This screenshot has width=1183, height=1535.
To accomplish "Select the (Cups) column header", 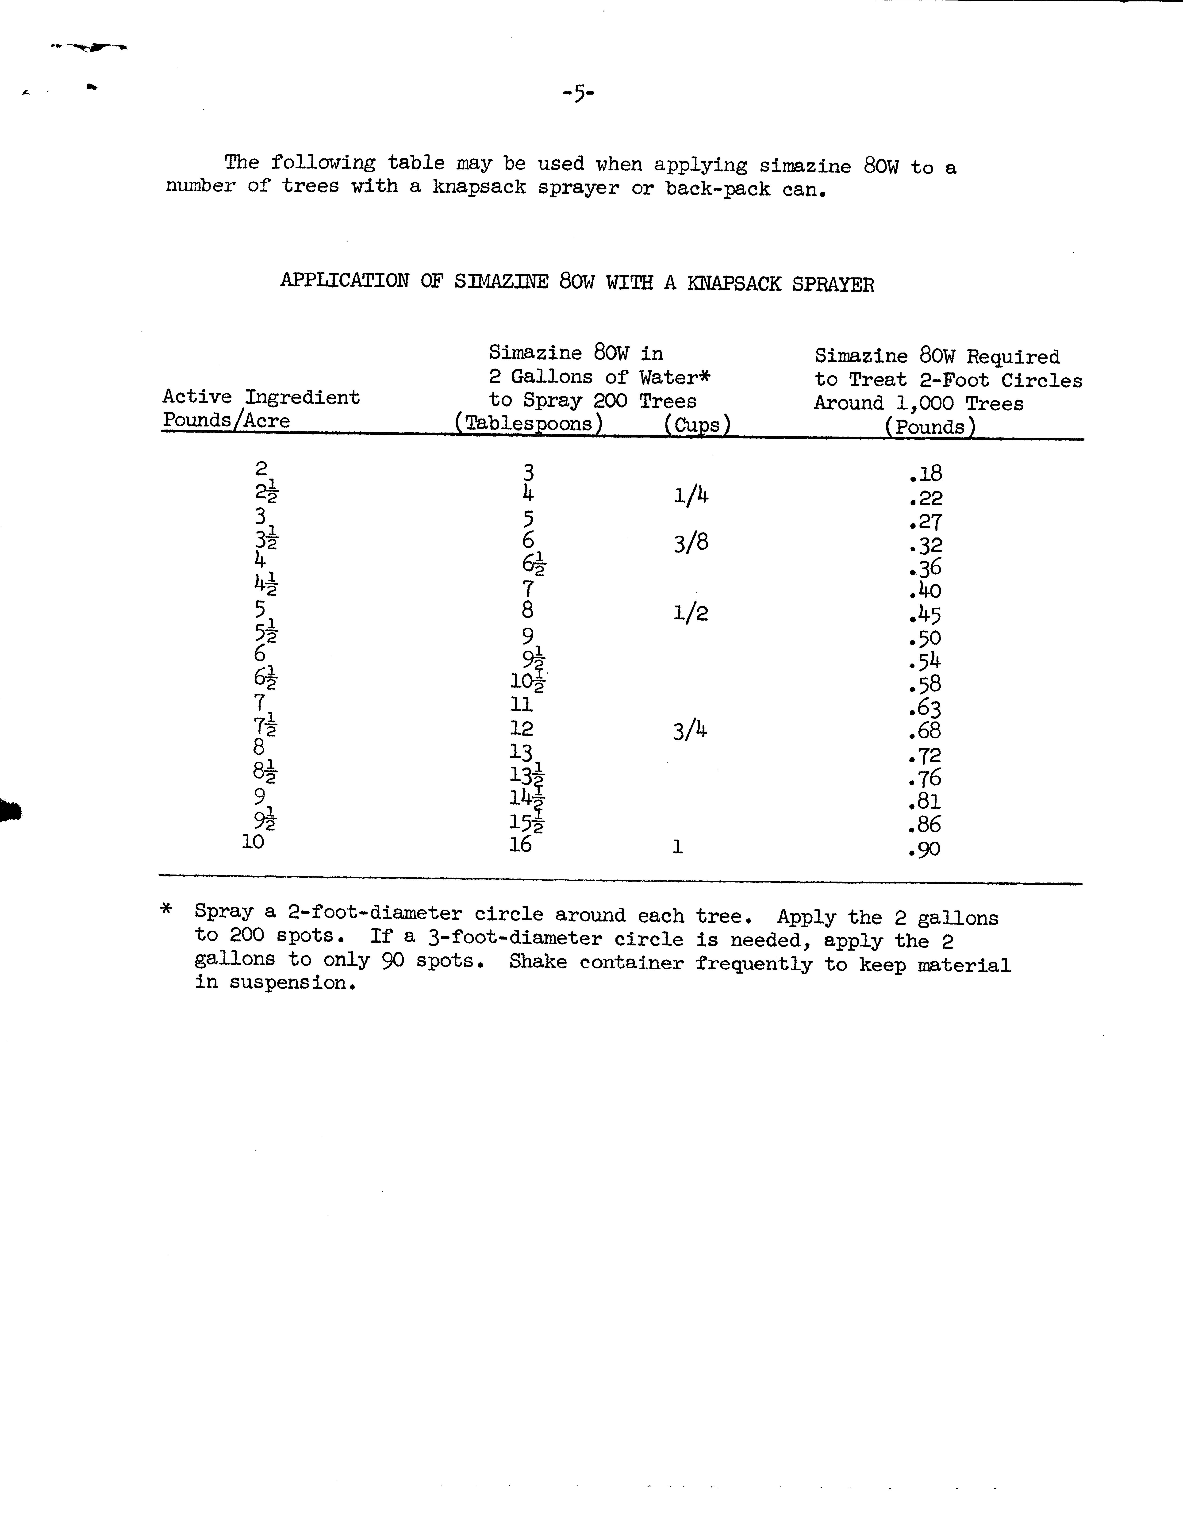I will pyautogui.click(x=697, y=425).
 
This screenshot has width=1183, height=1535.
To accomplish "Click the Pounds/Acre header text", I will pyautogui.click(x=226, y=420).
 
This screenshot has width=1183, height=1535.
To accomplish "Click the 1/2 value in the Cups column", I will pyautogui.click(x=690, y=613).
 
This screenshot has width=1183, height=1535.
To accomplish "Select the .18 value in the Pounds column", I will pyautogui.click(x=925, y=474).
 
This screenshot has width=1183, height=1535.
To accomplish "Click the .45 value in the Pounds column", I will pyautogui.click(x=925, y=615).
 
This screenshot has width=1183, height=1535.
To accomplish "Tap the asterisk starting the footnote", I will pyautogui.click(x=167, y=909).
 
